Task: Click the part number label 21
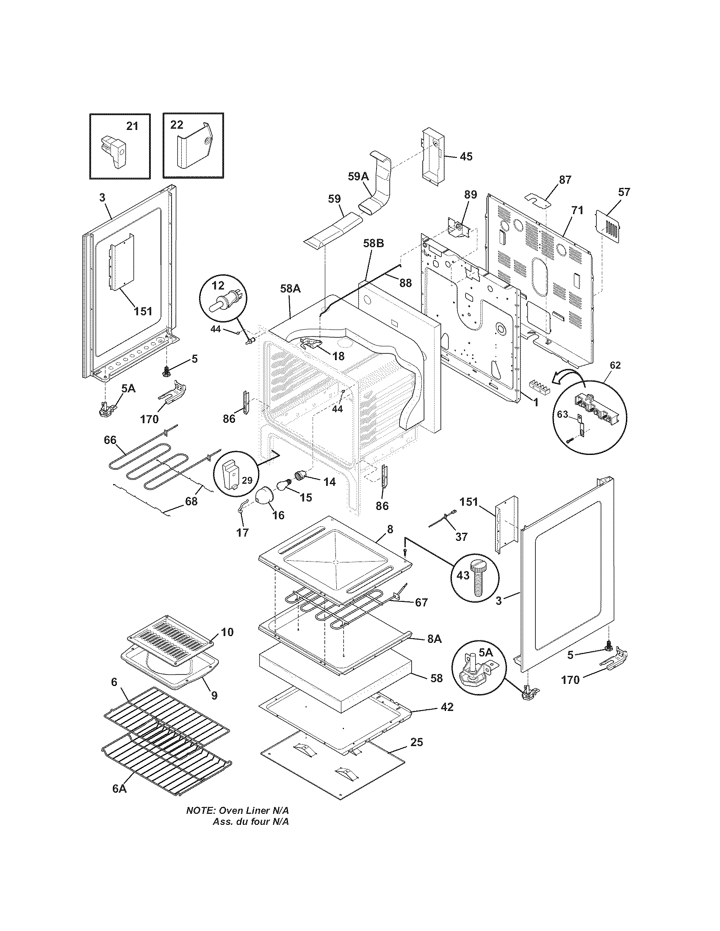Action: coord(132,126)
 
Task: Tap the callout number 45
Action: coord(466,157)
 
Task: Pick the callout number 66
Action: coord(110,440)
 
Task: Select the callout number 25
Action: coord(416,742)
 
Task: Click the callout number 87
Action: coord(565,180)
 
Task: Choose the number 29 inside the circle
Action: coord(247,480)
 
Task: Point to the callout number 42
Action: coord(446,707)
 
